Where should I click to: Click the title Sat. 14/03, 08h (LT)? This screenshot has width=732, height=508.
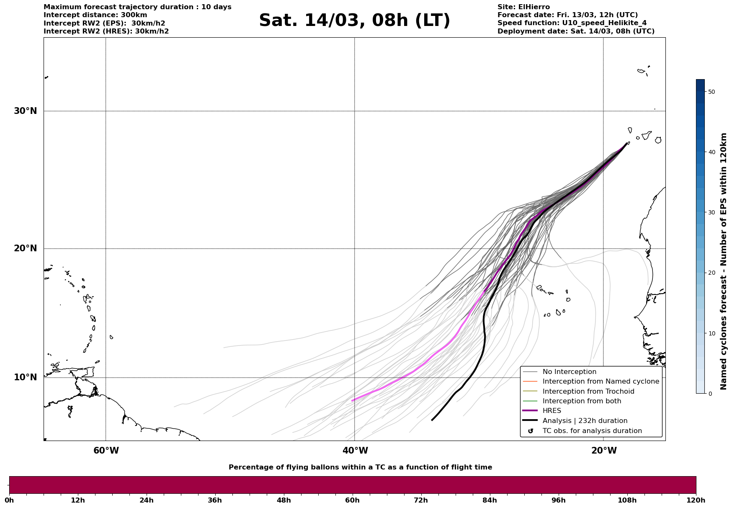pos(354,21)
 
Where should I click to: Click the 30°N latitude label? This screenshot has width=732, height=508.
pos(25,111)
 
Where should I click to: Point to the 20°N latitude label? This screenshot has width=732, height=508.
pos(25,248)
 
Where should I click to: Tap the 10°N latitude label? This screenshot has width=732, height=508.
pos(25,377)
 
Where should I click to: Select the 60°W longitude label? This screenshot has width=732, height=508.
pos(106,451)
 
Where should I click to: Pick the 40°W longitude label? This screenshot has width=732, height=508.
pos(355,451)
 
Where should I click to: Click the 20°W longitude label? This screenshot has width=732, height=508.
pos(603,451)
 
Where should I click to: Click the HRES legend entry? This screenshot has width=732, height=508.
pos(552,411)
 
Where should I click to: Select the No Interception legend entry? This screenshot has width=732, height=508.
pos(569,372)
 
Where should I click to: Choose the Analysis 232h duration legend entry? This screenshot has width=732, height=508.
pos(585,421)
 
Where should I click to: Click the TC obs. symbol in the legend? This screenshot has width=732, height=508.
pos(531,431)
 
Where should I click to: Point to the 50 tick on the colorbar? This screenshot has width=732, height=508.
pos(711,92)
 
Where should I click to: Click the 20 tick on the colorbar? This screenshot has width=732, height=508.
pos(711,273)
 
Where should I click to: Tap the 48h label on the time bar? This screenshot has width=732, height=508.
pos(284,500)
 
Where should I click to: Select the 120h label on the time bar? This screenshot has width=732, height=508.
pos(696,500)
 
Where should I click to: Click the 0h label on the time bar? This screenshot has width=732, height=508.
pos(9,500)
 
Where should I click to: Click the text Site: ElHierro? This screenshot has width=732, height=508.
pos(523,7)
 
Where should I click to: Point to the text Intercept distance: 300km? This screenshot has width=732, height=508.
pos(95,15)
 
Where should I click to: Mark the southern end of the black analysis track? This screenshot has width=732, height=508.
pos(432,420)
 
